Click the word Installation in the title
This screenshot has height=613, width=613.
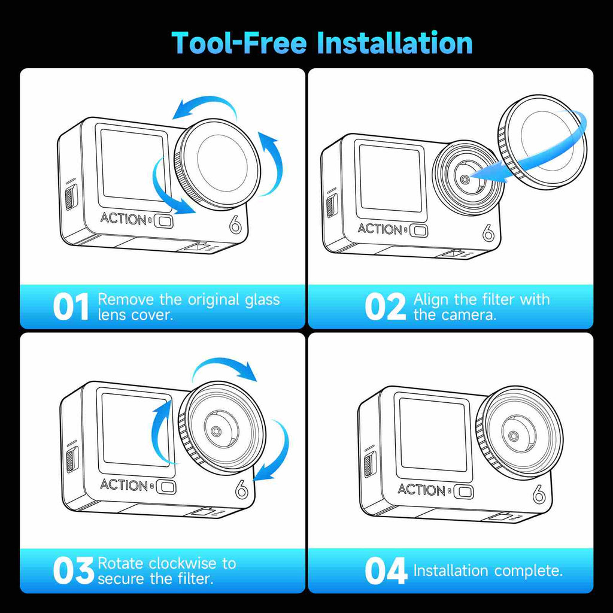click(394, 43)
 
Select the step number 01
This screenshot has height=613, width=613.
click(71, 307)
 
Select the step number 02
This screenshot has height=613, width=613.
click(386, 307)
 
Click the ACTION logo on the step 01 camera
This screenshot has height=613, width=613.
click(123, 218)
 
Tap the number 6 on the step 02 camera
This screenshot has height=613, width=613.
click(488, 233)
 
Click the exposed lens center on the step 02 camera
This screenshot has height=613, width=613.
click(465, 180)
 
